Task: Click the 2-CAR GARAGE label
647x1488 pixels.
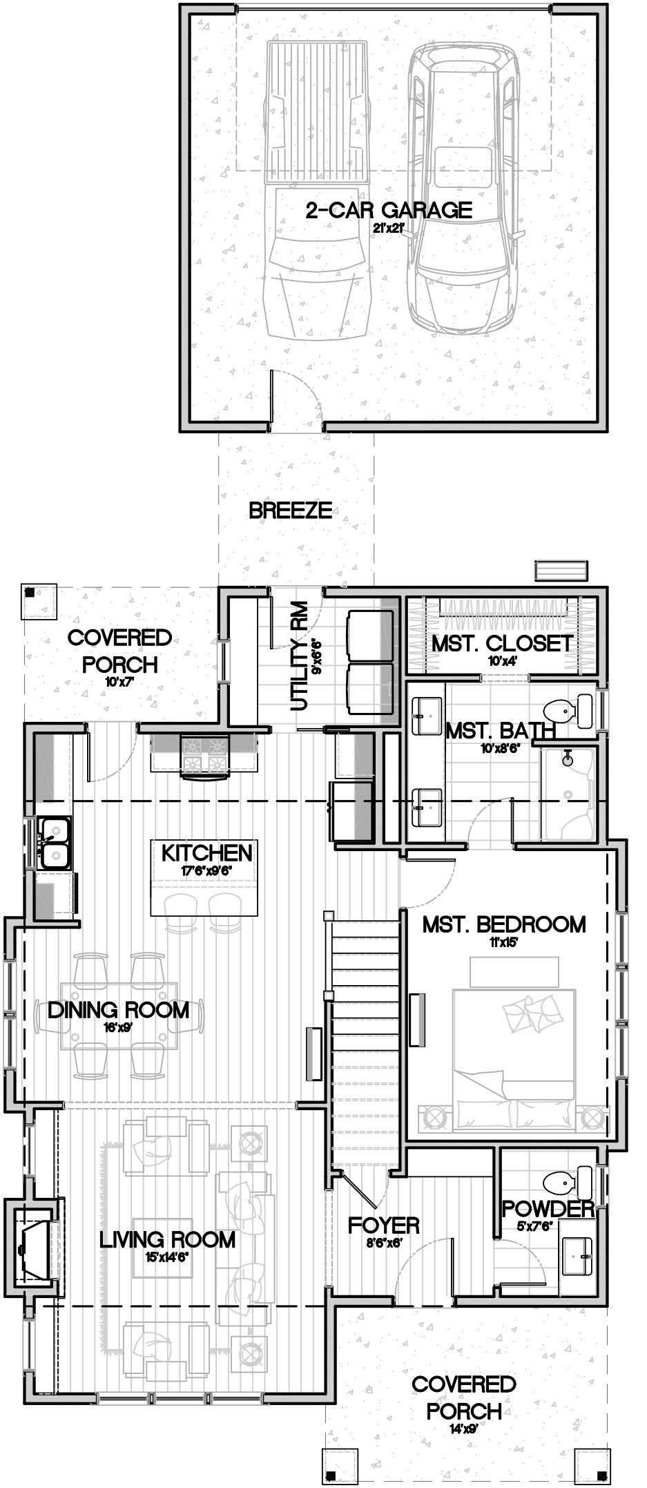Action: (x=389, y=210)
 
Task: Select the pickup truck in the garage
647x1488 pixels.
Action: (x=317, y=190)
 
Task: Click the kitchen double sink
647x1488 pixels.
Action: (x=54, y=843)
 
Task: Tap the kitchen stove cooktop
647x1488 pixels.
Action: (x=204, y=753)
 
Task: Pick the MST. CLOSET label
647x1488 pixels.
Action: (x=502, y=644)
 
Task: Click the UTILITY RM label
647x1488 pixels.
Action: (x=299, y=656)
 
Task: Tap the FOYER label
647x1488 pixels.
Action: (x=384, y=1225)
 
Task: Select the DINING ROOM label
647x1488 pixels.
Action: (x=119, y=1010)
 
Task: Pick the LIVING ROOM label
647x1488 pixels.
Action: (x=168, y=1239)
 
